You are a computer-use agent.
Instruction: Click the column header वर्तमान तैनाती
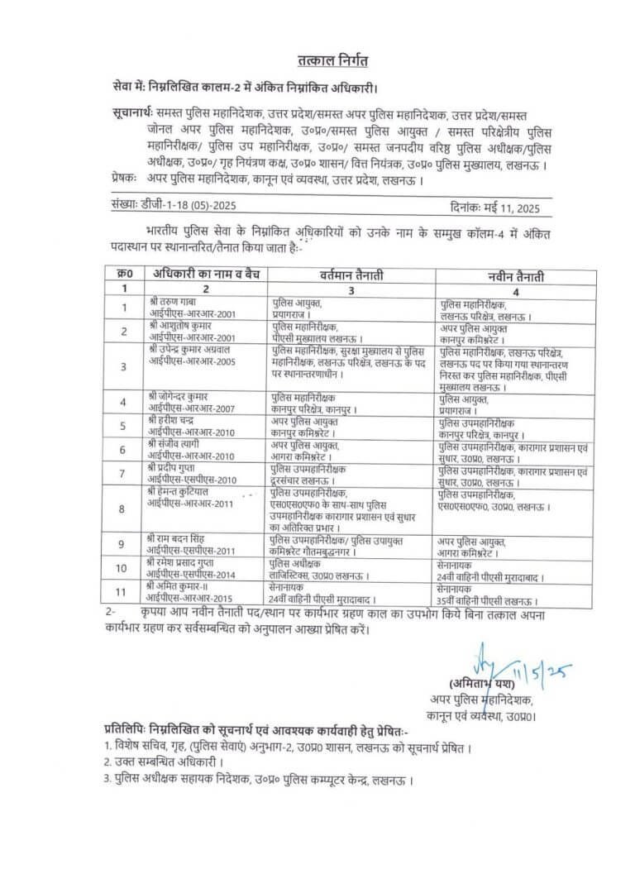coord(352,276)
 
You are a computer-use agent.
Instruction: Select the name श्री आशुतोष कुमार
coord(181,326)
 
